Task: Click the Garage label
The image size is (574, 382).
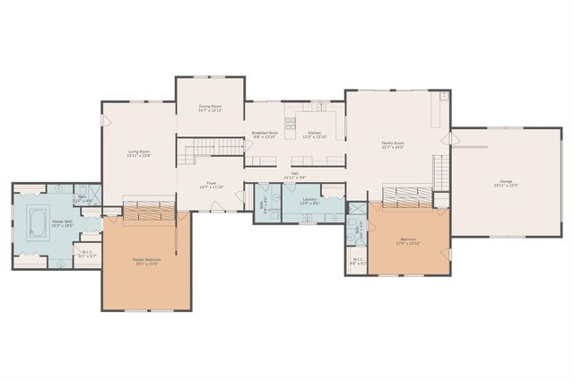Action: coord(500,184)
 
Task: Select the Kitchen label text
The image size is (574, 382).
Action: coord(314,135)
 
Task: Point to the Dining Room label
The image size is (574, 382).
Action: coord(211,108)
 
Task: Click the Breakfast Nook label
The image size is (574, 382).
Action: coord(264,135)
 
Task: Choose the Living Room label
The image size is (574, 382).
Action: coord(138,153)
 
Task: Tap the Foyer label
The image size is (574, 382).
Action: coord(213,185)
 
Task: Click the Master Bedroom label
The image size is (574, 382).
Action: coord(146,261)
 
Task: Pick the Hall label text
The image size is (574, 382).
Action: coord(294,175)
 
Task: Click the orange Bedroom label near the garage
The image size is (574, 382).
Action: coord(408,241)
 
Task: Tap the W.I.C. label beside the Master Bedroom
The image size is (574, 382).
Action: coord(88,254)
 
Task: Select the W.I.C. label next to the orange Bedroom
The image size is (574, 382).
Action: coord(357,264)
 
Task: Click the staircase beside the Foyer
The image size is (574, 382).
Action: coord(213,150)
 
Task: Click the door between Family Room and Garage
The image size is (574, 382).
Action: coord(453,139)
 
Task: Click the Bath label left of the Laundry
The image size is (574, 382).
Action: coord(263,203)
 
